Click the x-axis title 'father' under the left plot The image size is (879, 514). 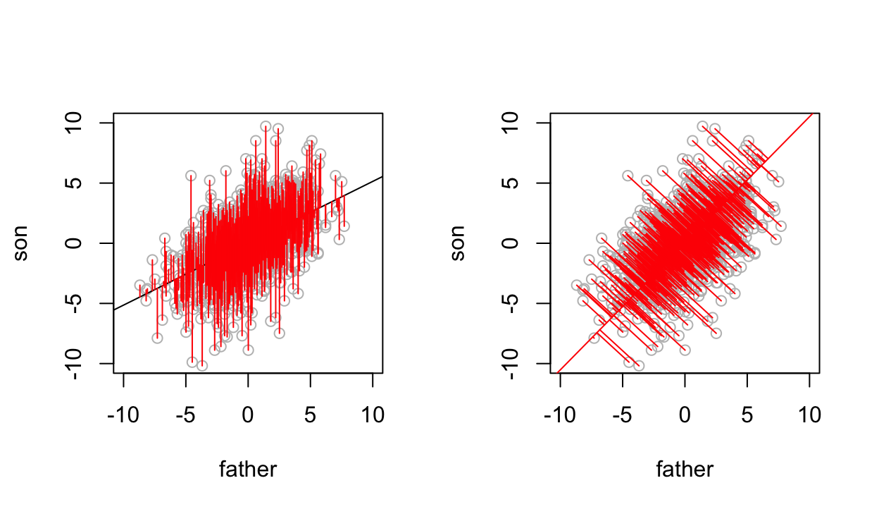(x=248, y=469)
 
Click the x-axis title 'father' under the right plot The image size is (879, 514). (x=685, y=469)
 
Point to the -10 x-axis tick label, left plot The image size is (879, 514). (x=124, y=415)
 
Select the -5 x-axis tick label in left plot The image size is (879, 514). (x=186, y=415)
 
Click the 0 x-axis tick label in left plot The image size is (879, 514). (x=248, y=415)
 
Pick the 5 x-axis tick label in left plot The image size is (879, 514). (x=310, y=415)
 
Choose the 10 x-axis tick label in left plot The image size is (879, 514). (x=372, y=415)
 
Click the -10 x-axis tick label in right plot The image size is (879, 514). (x=561, y=415)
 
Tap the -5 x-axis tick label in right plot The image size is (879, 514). (x=623, y=415)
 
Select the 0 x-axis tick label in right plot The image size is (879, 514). (x=685, y=415)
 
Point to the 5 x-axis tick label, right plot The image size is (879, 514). (x=747, y=415)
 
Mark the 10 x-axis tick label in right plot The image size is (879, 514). (x=809, y=415)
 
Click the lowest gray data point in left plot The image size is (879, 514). (x=202, y=365)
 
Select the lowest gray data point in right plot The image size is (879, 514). (x=639, y=365)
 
